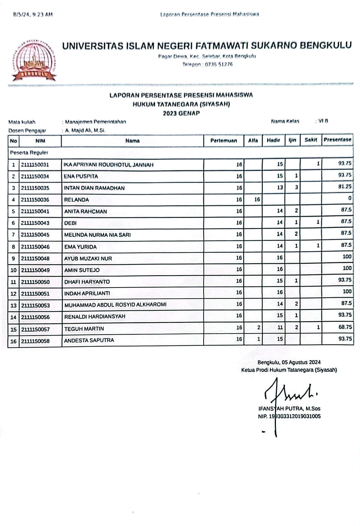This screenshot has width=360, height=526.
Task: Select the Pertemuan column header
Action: click(x=223, y=141)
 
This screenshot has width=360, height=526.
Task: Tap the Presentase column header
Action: click(x=337, y=140)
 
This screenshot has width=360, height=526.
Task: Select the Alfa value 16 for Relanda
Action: click(x=257, y=200)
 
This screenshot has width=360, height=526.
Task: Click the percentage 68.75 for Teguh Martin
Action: click(x=345, y=327)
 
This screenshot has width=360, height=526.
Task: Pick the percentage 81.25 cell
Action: click(x=345, y=187)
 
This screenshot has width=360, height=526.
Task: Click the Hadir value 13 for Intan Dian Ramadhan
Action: click(x=280, y=188)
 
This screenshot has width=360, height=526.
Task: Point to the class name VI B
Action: click(x=323, y=121)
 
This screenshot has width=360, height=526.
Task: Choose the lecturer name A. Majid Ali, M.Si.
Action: click(x=85, y=130)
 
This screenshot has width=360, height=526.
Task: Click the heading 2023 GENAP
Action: click(x=181, y=113)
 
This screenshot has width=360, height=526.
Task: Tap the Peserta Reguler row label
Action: click(x=29, y=153)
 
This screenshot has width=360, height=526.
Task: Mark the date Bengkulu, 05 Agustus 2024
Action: click(x=289, y=362)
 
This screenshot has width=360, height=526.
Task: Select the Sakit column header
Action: click(x=311, y=140)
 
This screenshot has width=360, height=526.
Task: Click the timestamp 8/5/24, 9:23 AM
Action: click(x=33, y=14)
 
